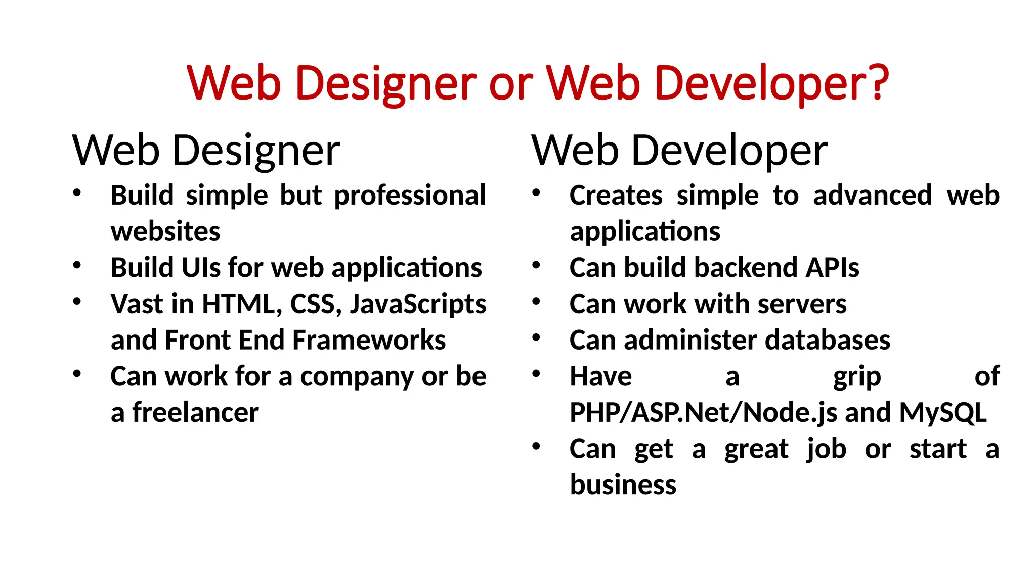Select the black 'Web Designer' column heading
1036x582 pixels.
[x=206, y=151]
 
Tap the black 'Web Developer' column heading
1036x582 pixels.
[x=679, y=151]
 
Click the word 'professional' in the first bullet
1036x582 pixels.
[x=410, y=196]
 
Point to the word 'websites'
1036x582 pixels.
[x=165, y=232]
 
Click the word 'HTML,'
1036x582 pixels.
[x=242, y=304]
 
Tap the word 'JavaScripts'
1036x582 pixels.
[x=418, y=304]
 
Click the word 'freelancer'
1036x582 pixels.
[x=195, y=412]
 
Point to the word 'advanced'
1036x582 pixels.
[x=872, y=196]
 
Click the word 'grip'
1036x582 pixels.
[x=857, y=377]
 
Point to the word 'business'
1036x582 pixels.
[x=623, y=485]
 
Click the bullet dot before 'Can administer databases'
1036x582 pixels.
[x=536, y=337]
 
